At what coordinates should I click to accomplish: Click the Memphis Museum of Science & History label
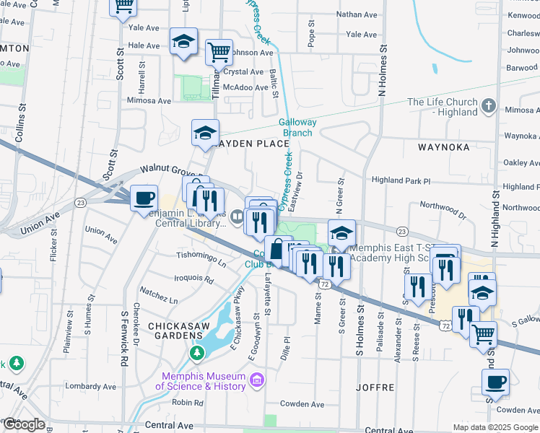tap(204, 381)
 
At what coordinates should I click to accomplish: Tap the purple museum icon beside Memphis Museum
tap(255, 380)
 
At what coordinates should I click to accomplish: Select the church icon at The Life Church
tap(489, 107)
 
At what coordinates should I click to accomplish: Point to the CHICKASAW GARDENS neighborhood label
tap(178, 326)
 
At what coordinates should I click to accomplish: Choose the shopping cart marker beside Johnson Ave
tap(219, 51)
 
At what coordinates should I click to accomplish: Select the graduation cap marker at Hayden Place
tap(204, 132)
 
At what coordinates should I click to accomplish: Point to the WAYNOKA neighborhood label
tap(443, 146)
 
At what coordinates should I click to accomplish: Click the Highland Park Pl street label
tap(401, 180)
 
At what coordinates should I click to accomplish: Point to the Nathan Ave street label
tap(357, 14)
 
